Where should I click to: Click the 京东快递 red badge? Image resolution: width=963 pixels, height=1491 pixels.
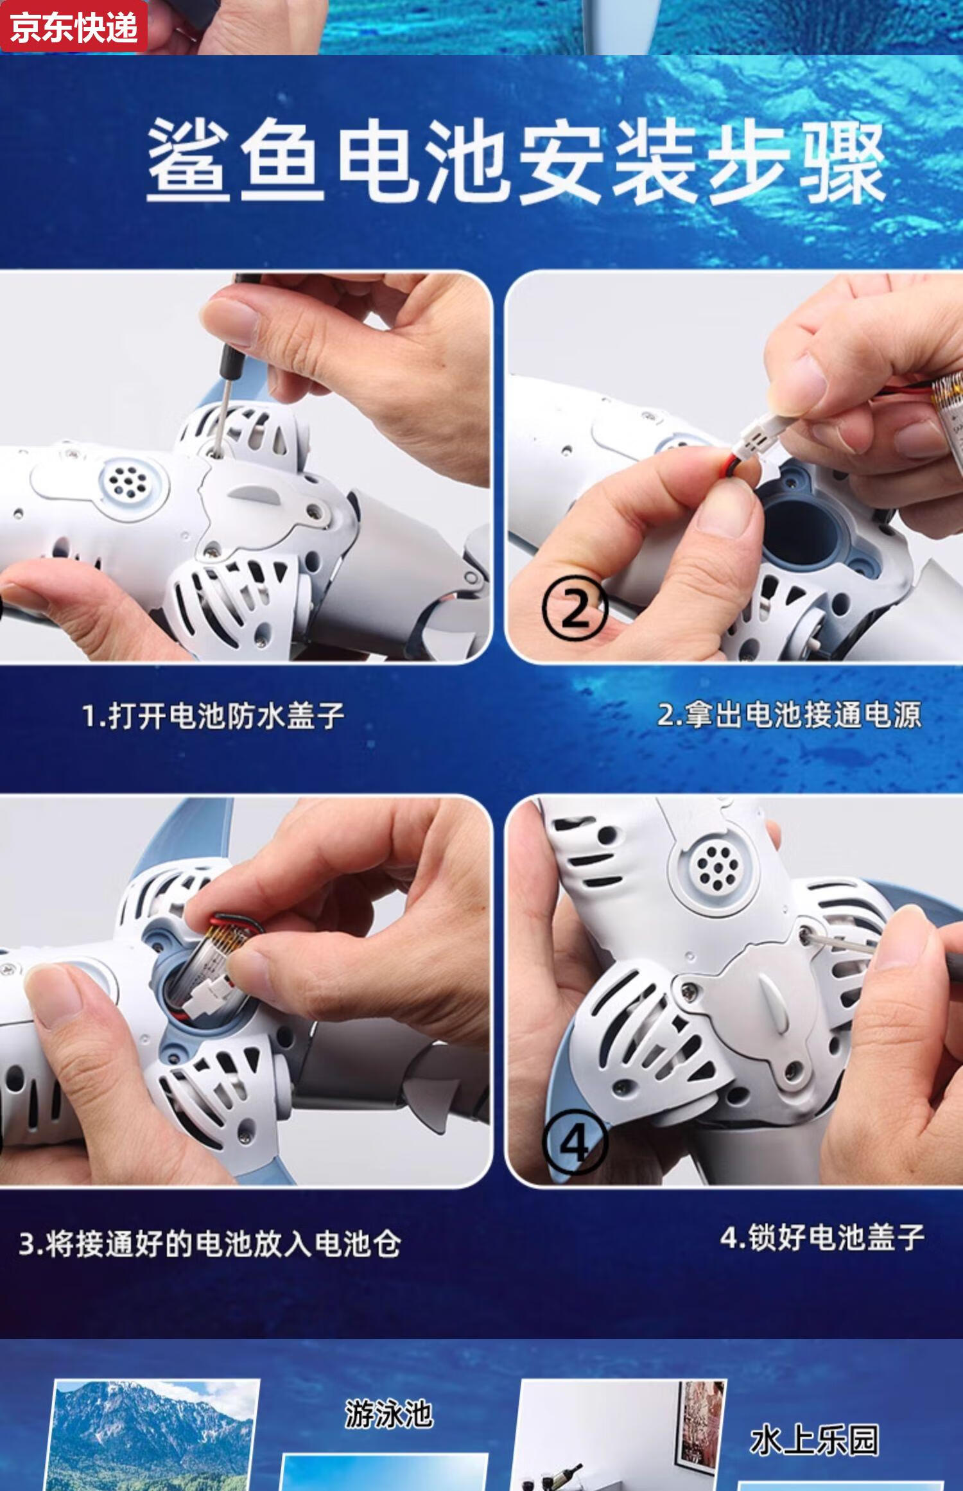click(x=74, y=26)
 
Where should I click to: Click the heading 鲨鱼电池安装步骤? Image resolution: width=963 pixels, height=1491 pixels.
click(x=516, y=161)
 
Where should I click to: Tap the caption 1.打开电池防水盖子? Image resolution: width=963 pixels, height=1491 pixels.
click(x=213, y=715)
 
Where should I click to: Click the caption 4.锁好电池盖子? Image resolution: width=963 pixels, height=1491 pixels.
click(x=822, y=1237)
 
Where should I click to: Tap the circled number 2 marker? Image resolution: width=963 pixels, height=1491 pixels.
click(x=574, y=607)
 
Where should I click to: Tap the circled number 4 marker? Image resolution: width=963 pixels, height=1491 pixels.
click(x=574, y=1143)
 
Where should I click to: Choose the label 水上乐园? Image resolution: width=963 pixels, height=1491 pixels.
click(x=814, y=1440)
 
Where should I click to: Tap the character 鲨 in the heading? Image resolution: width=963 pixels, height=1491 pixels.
click(x=187, y=162)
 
